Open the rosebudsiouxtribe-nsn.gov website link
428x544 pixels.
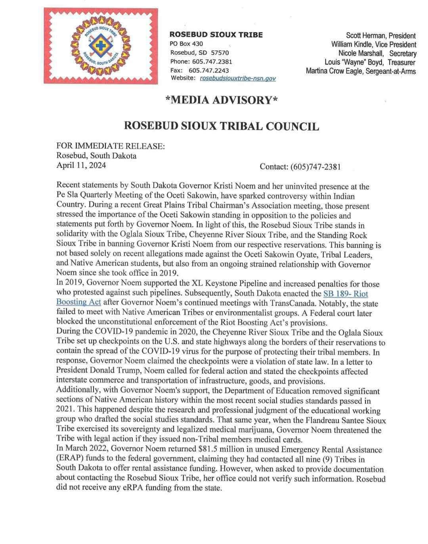(x=238, y=79)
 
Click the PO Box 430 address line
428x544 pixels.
(x=187, y=44)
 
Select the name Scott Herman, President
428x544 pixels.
(x=381, y=36)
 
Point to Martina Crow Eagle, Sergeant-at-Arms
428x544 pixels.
(x=361, y=71)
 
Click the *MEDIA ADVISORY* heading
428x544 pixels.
(x=222, y=100)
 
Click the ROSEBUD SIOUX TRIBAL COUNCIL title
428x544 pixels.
(x=222, y=126)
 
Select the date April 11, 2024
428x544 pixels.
(x=81, y=165)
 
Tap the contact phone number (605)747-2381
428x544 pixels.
(x=300, y=167)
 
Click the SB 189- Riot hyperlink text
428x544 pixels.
(x=346, y=294)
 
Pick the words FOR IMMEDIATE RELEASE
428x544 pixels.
(x=111, y=146)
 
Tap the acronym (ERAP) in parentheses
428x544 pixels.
(x=70, y=459)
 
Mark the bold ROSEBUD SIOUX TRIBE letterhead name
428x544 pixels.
(x=216, y=35)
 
